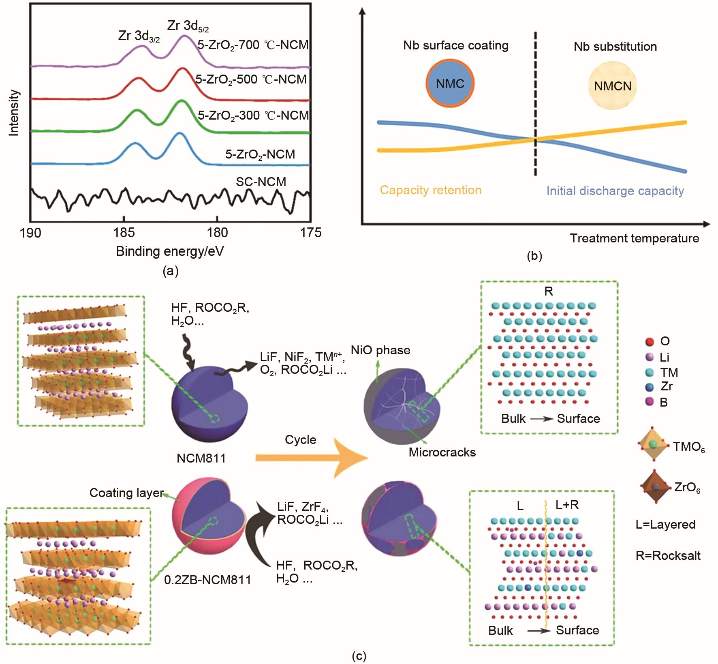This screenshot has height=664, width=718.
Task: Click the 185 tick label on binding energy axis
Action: click(124, 233)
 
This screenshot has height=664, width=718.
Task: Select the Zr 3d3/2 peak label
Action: click(139, 36)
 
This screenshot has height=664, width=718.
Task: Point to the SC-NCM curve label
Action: click(261, 182)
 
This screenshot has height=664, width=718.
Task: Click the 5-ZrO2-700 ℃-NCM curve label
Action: click(253, 45)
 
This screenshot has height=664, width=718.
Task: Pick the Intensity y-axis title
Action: click(14, 113)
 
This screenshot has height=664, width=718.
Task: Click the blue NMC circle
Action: click(450, 84)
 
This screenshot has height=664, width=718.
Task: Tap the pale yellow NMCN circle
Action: click(612, 86)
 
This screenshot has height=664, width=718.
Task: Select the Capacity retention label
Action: click(430, 190)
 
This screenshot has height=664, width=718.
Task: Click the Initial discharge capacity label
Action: click(615, 191)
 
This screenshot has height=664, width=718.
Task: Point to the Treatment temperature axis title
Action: click(635, 238)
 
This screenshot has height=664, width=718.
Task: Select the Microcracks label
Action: click(442, 452)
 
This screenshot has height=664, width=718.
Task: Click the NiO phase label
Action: click(380, 350)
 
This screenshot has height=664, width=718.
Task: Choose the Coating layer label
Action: click(126, 493)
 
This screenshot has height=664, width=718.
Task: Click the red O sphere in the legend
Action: click(650, 342)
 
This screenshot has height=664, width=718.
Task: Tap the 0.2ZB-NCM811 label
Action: click(207, 580)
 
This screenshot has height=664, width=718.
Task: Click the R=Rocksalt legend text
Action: click(668, 555)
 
